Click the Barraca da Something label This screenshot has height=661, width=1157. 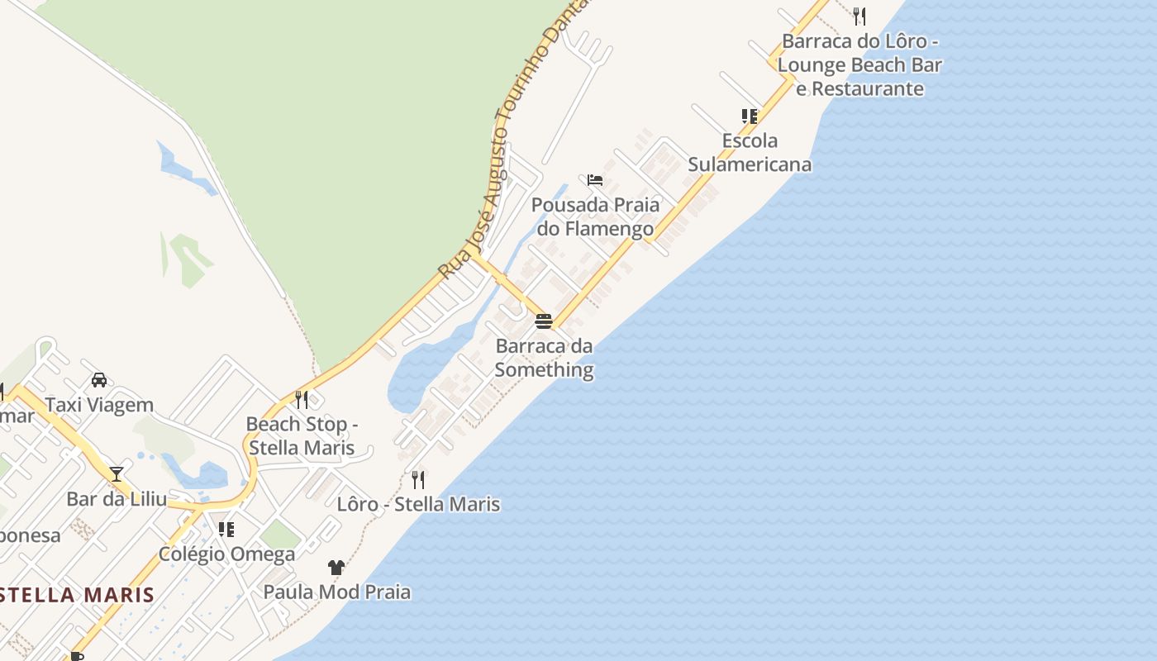544,358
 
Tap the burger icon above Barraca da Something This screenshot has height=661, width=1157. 543,321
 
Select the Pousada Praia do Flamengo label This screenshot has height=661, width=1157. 595,216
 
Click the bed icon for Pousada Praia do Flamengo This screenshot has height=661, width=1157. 594,179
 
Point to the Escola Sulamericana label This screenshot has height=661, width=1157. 749,152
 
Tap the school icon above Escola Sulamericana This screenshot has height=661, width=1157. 749,116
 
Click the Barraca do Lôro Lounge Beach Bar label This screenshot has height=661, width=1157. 859,64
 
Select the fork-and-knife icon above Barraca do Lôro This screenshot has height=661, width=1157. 859,16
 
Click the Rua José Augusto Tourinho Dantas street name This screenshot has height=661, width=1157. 512,140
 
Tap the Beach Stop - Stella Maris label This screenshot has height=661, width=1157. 301,435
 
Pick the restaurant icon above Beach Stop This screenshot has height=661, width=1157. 302,400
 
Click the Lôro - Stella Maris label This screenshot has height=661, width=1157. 418,503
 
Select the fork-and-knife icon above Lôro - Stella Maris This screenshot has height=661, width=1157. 418,479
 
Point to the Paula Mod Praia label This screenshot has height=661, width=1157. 336,592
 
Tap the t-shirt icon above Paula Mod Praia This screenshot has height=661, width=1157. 336,567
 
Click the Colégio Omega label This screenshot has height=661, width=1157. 226,554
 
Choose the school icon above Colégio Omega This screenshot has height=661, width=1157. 226,529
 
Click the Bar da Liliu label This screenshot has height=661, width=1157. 117,498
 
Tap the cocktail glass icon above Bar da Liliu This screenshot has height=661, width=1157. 117,473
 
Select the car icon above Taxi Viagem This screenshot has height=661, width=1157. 99,380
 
